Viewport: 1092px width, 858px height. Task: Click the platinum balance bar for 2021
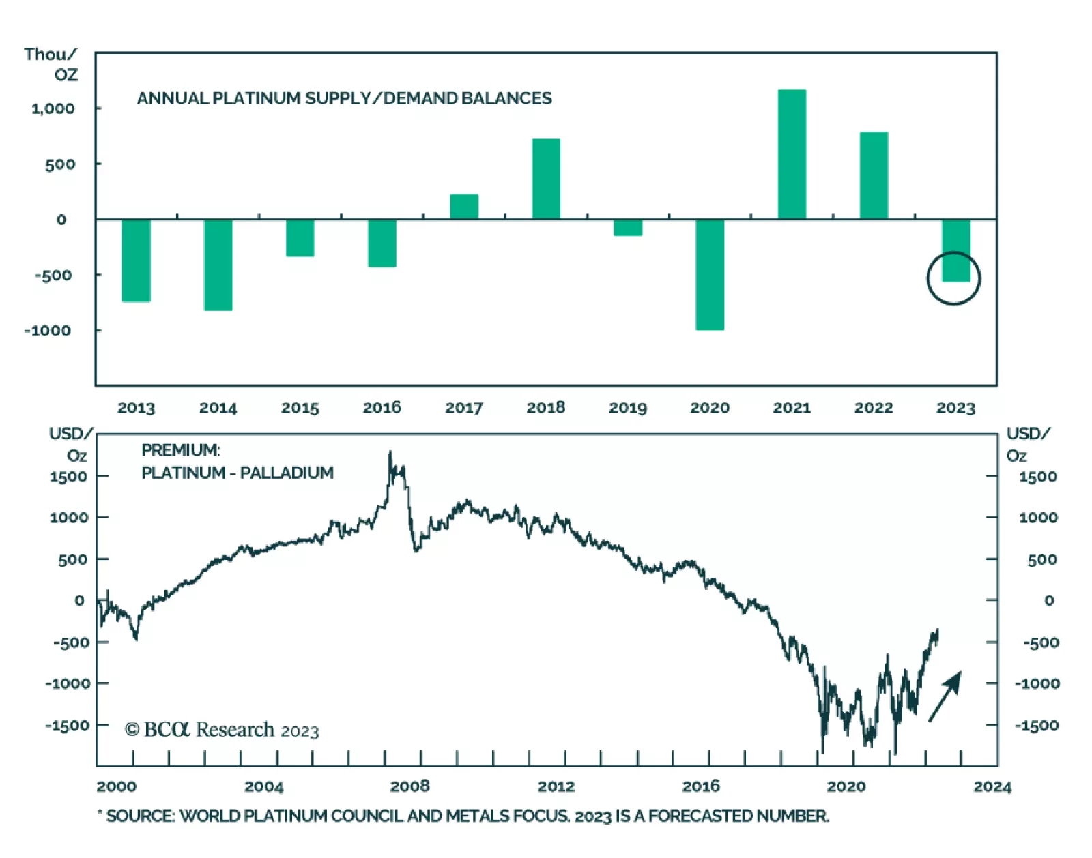pos(792,154)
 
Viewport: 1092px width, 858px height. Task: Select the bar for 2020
pos(710,274)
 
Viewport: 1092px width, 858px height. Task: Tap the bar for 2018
pos(546,179)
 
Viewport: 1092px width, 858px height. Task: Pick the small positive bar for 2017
pos(464,207)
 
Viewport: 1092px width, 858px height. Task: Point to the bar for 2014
pos(218,265)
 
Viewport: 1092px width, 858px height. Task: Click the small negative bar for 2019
pos(628,228)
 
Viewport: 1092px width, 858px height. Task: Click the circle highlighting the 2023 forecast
pos(953,278)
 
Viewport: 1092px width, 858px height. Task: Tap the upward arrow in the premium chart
pos(946,696)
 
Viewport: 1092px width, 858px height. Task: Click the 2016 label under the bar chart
pos(382,408)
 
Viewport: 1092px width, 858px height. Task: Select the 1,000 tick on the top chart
pos(53,108)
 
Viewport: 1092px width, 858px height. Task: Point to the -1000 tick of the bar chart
pos(48,331)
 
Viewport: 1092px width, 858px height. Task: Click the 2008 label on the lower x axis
pos(409,786)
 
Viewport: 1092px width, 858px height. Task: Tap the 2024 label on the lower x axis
pos(992,787)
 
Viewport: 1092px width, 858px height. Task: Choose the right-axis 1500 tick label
pos(1037,477)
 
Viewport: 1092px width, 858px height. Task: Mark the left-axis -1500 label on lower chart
pos(68,726)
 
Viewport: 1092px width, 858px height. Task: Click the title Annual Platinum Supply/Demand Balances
pos(344,98)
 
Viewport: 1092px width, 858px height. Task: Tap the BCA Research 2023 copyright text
pos(222,730)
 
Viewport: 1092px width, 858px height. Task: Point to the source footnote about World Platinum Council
pos(464,816)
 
